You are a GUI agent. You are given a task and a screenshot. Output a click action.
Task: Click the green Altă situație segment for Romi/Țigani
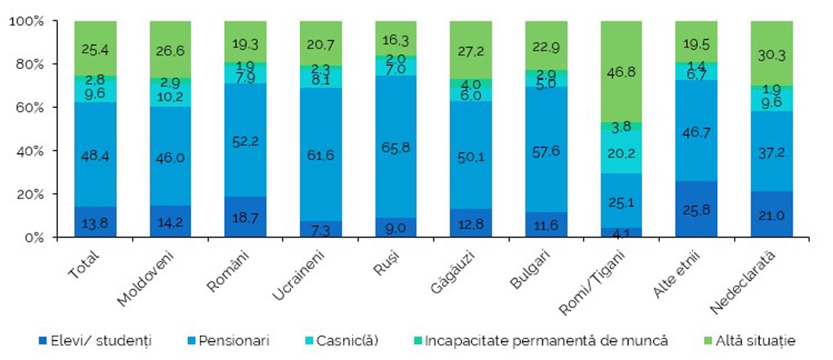tap(621, 72)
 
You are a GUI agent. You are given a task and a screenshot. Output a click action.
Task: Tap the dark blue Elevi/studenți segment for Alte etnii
tap(696, 210)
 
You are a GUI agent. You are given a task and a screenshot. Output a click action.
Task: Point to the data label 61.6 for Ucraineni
tap(320, 154)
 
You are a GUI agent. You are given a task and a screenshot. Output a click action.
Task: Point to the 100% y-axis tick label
tap(27, 21)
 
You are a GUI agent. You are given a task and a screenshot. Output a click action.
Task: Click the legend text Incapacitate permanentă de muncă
tap(547, 340)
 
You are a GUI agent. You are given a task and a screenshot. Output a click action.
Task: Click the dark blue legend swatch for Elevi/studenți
tap(42, 340)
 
